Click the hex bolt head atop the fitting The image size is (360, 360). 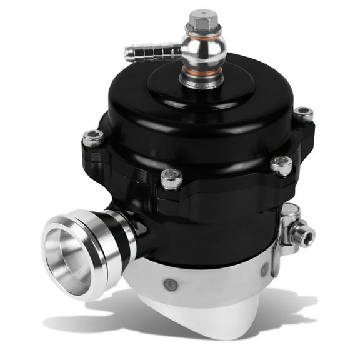tap(201, 21)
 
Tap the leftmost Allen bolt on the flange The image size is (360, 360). tap(94, 138)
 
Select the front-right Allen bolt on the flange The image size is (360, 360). tap(281, 165)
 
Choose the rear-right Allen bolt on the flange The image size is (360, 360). tap(303, 114)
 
